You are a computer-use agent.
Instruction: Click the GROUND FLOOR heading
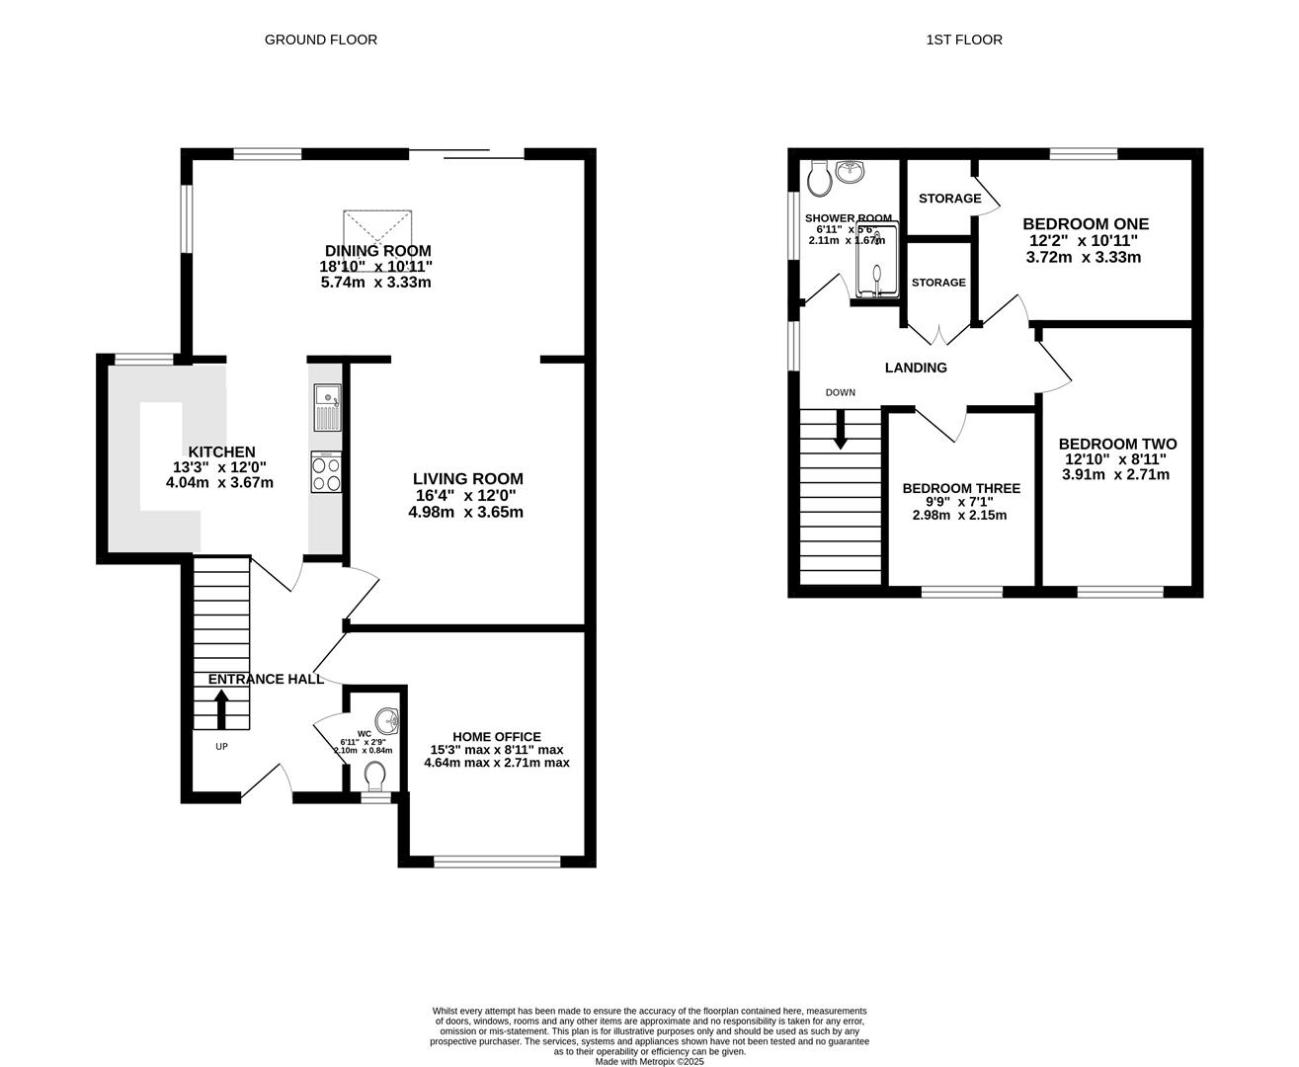tap(321, 41)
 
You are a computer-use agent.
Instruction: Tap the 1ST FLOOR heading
tap(964, 41)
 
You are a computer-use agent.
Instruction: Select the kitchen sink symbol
tap(327, 408)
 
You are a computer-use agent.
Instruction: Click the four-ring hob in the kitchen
tap(326, 472)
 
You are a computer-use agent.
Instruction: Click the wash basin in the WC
tap(387, 719)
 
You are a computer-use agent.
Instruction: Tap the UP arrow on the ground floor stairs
tap(221, 709)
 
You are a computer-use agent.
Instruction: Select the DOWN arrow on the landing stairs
tap(840, 429)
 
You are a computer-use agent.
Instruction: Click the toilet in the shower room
tap(820, 179)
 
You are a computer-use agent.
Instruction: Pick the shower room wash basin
tap(851, 171)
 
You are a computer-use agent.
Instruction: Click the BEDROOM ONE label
tap(1086, 223)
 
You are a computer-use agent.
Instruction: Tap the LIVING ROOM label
tap(468, 479)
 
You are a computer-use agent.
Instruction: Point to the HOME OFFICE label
tap(497, 737)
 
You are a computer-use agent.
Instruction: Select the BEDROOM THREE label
tap(961, 488)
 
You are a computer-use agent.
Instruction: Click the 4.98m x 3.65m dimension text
tap(465, 513)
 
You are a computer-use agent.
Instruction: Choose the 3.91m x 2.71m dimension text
tap(1115, 474)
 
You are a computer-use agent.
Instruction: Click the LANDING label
tap(916, 368)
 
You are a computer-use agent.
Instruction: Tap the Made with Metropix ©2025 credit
tap(649, 1061)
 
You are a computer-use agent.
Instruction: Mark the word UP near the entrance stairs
tap(221, 747)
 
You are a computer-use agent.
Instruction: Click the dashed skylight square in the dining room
tap(377, 241)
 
